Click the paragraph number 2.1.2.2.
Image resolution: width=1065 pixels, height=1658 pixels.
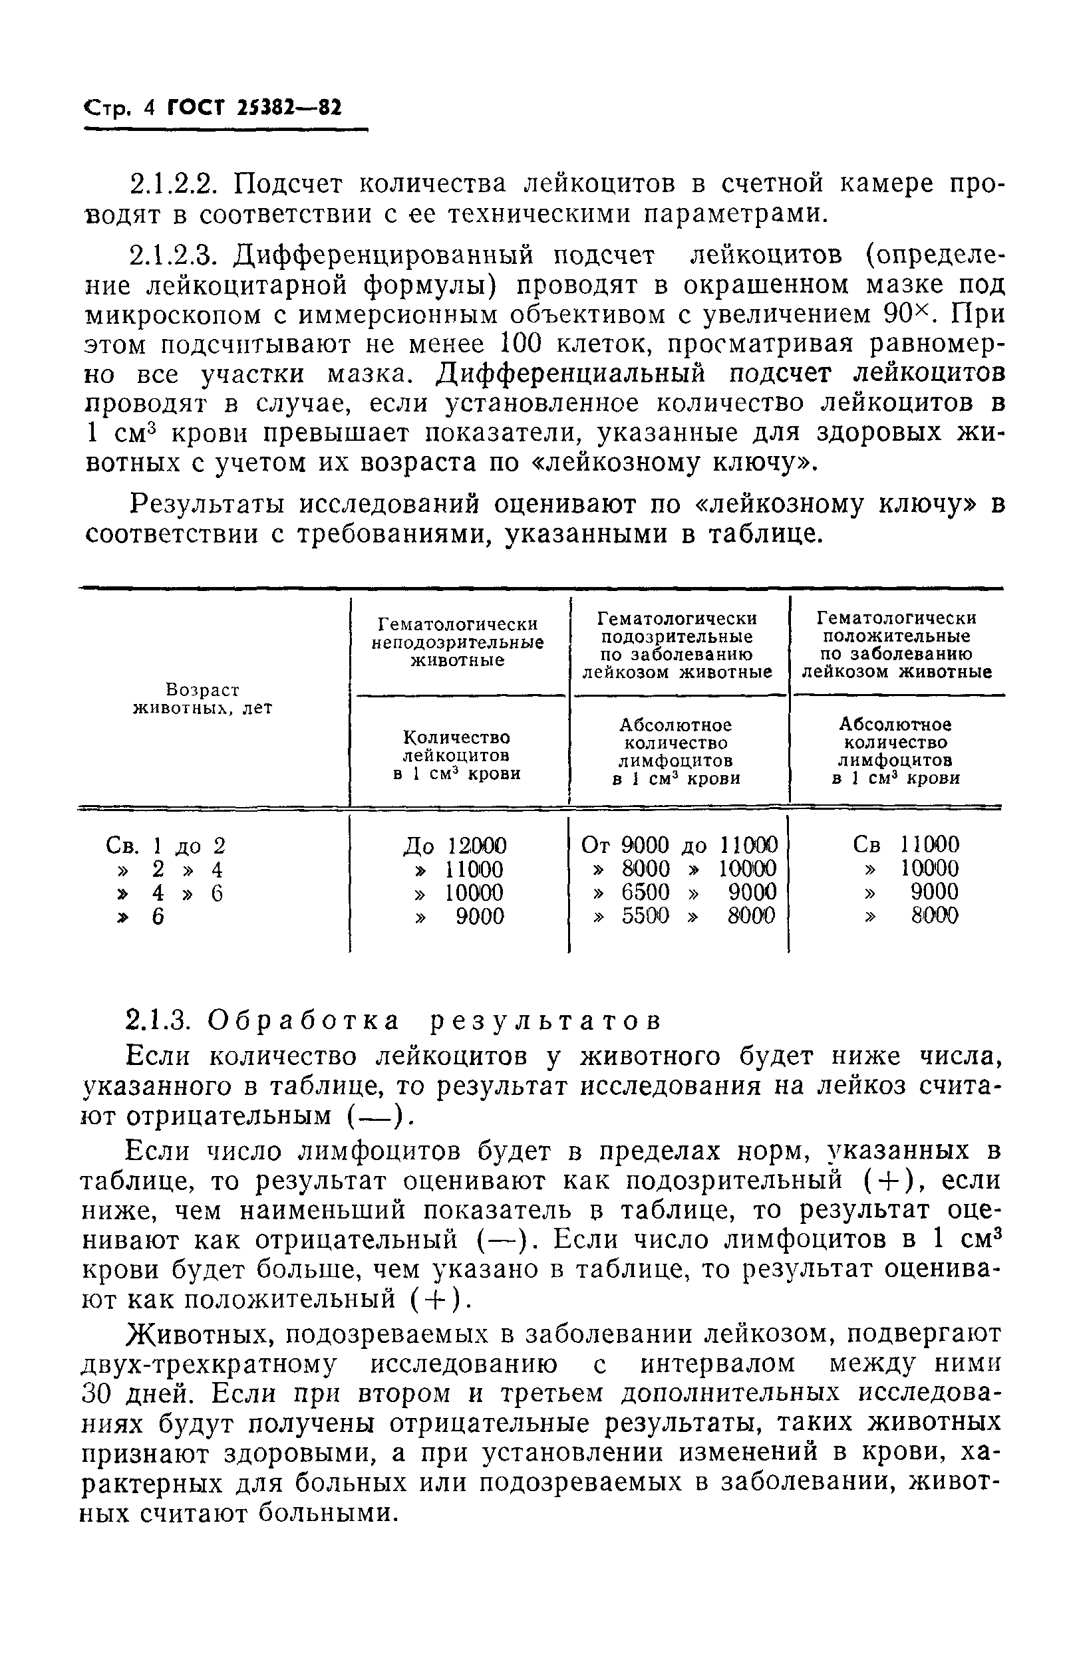175,185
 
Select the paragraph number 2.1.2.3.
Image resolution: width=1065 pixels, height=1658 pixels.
175,255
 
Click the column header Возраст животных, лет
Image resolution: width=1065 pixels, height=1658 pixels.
203,699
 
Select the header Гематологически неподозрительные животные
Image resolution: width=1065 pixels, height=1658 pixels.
457,642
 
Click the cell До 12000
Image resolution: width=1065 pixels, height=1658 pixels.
454,845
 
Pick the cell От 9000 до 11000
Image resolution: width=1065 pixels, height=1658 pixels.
679,844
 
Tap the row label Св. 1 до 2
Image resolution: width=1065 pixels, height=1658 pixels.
166,846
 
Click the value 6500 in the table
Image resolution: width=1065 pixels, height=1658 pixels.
645,892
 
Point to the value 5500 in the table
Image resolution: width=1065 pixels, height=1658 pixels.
645,915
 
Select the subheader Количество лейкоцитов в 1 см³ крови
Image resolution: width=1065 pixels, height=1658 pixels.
457,755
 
